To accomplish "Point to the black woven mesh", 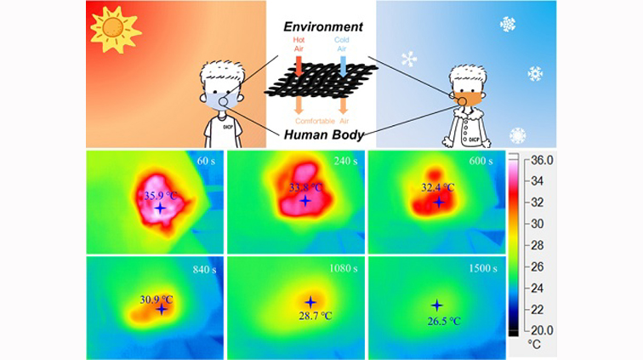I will tap(320, 87).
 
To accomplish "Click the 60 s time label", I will tap(206, 160).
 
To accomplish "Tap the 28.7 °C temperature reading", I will tap(311, 317).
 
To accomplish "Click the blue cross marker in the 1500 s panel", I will tap(437, 305).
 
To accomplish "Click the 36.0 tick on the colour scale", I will tap(542, 160).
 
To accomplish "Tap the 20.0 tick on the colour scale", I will tap(542, 329).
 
